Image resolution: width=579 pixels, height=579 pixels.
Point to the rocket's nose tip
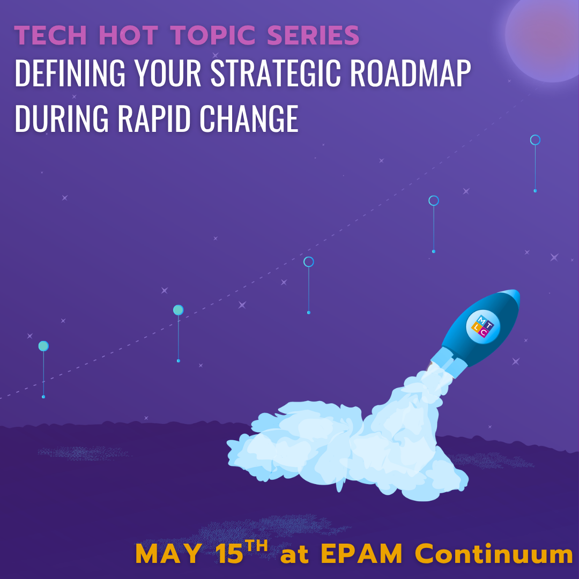coord(516,294)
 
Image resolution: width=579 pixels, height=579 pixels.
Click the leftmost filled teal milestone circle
coord(43,346)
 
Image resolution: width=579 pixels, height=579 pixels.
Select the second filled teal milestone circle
coord(178,310)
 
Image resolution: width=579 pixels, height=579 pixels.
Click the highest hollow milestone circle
coord(535,140)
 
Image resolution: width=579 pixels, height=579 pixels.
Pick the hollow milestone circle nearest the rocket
coord(434,201)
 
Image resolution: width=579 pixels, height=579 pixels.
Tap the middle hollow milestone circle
coord(308,262)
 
